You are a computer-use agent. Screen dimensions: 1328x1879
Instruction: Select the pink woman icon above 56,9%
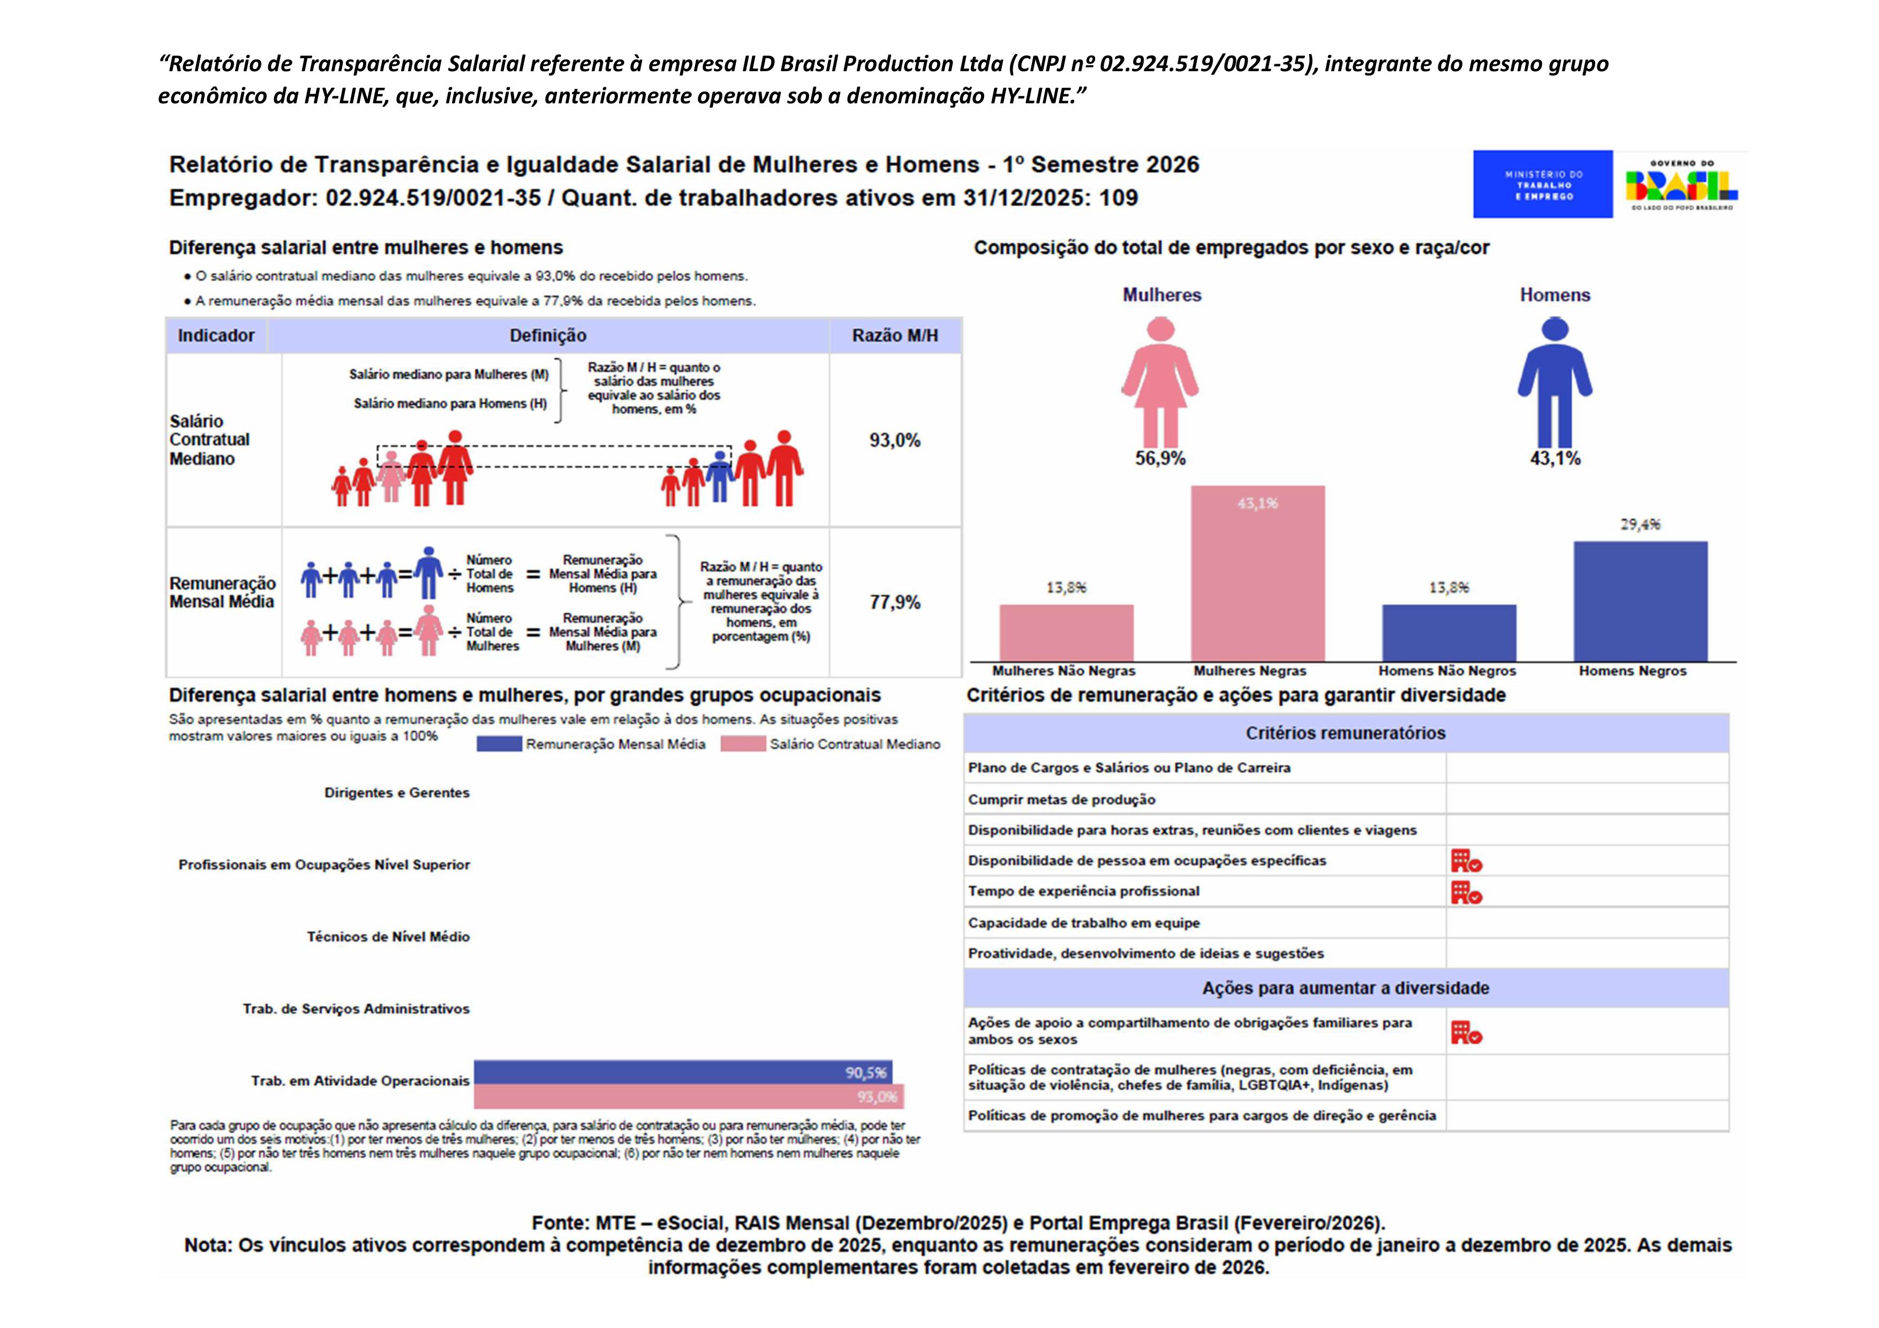[x=1160, y=381]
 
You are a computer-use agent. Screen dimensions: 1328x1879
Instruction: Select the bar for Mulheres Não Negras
[x=1066, y=633]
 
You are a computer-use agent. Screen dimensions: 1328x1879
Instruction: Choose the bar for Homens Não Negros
[x=1448, y=633]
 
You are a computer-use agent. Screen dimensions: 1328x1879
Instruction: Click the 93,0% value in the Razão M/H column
[x=894, y=440]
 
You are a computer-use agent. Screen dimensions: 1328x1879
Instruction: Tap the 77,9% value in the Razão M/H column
[x=894, y=602]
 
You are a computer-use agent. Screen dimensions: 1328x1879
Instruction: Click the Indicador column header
[x=216, y=336]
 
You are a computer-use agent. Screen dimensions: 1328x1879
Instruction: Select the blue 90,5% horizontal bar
[x=683, y=1072]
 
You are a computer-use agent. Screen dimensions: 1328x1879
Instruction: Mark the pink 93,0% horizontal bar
[x=688, y=1096]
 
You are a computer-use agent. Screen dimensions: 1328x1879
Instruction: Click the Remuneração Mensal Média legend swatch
[x=499, y=744]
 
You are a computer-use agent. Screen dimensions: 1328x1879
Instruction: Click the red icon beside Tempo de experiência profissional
[x=1466, y=892]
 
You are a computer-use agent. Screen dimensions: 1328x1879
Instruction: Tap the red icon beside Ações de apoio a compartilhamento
[x=1466, y=1032]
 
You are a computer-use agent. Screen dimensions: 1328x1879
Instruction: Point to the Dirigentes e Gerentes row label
[x=397, y=793]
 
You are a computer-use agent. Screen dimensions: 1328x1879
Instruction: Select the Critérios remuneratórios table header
[x=1346, y=733]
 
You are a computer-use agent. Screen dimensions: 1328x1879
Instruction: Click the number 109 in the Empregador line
[x=1118, y=198]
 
